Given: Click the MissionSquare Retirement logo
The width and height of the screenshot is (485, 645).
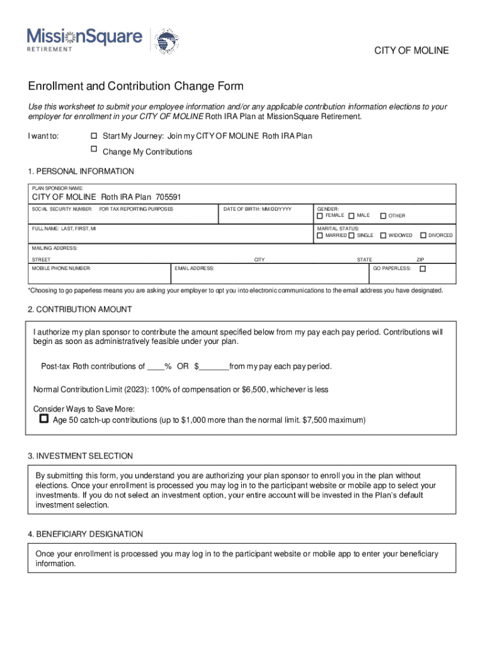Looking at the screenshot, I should tap(84, 40).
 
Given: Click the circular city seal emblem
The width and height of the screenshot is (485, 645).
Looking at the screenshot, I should tap(167, 41).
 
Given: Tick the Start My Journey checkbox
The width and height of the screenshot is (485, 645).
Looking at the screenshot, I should tap(94, 136).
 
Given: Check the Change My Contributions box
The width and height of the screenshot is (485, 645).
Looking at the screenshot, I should tap(94, 149).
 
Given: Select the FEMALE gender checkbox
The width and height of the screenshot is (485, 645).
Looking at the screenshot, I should tap(320, 216).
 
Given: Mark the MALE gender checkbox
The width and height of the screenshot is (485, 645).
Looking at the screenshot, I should tap(351, 216).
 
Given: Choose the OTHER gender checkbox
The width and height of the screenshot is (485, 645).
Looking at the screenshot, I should tap(382, 216).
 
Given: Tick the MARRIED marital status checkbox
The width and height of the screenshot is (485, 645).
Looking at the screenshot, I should tap(320, 236).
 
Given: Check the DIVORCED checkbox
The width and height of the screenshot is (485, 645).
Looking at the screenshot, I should tap(423, 236).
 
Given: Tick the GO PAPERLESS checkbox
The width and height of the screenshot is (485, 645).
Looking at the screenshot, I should tap(423, 268).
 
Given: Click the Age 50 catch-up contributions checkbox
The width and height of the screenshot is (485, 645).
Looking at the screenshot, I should tap(44, 419).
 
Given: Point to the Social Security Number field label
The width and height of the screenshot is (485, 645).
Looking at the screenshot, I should tap(62, 208).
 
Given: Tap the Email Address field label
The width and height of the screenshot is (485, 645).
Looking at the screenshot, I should tap(194, 268).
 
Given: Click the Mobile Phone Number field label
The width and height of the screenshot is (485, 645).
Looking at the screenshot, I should tap(61, 268).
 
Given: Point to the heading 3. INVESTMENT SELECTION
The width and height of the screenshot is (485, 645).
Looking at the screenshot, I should tap(80, 456).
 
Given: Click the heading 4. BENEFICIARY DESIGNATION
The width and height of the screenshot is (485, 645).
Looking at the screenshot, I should tap(85, 534).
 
